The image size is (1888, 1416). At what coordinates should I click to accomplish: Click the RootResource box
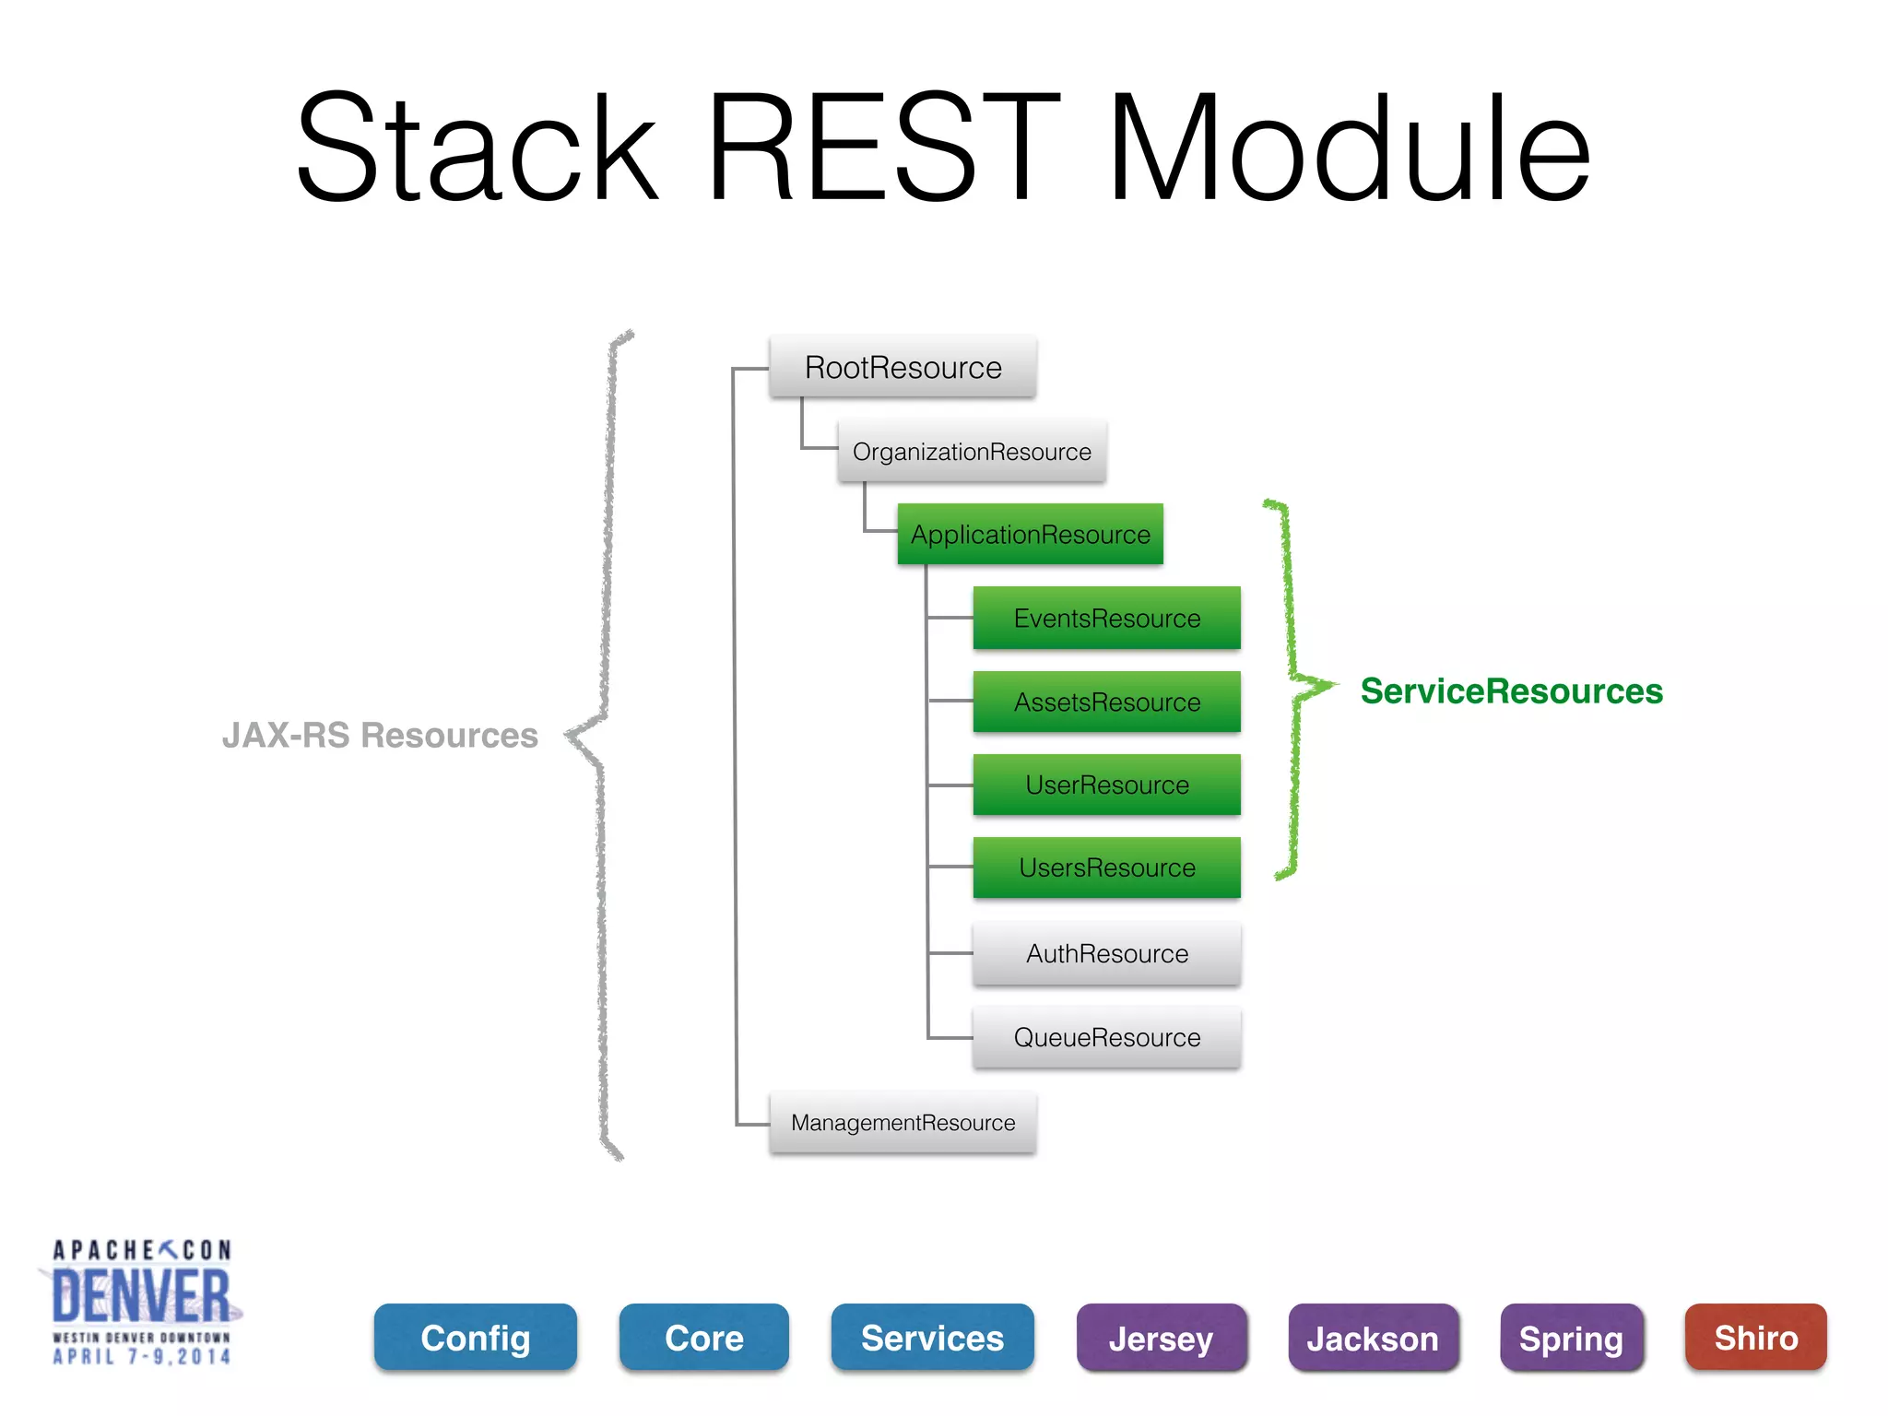(903, 367)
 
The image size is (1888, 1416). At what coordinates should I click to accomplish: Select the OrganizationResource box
(972, 452)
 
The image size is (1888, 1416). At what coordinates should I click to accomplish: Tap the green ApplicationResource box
(1030, 535)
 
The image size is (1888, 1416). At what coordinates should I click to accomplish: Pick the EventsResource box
(1106, 618)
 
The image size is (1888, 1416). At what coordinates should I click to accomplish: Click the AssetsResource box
(1106, 702)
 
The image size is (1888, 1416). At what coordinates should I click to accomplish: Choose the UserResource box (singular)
(1106, 785)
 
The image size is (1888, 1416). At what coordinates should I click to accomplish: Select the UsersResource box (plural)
(1106, 867)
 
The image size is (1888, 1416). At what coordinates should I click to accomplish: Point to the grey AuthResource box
(1106, 953)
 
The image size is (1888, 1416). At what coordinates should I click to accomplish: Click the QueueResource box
(1106, 1037)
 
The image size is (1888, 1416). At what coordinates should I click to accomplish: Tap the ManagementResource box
(903, 1122)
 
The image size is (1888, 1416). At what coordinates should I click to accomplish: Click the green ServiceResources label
(1511, 691)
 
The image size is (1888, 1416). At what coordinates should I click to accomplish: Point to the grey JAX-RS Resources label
(380, 736)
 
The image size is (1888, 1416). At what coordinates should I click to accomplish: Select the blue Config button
(476, 1338)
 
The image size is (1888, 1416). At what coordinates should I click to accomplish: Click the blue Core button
(704, 1338)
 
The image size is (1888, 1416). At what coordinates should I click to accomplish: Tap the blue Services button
(932, 1338)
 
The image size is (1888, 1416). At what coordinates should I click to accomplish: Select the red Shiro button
(1755, 1338)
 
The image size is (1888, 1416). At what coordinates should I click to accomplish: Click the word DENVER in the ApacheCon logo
(141, 1296)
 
